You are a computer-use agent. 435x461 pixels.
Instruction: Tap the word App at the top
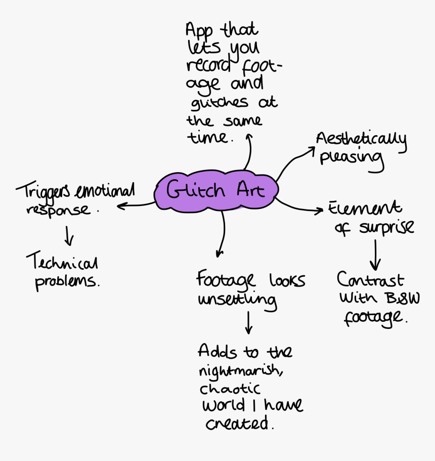pos(199,30)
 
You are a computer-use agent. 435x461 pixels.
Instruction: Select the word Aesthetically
pos(361,139)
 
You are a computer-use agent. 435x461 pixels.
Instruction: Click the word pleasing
pos(351,157)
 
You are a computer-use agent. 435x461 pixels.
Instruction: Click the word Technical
pos(62,262)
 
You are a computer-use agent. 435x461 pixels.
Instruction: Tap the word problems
pos(67,281)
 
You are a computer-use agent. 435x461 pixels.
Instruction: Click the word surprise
pos(386,227)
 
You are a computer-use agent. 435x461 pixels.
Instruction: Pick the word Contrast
pos(370,280)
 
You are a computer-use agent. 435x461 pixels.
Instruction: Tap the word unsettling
pos(237,300)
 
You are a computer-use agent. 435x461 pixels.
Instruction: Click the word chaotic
pos(230,389)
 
